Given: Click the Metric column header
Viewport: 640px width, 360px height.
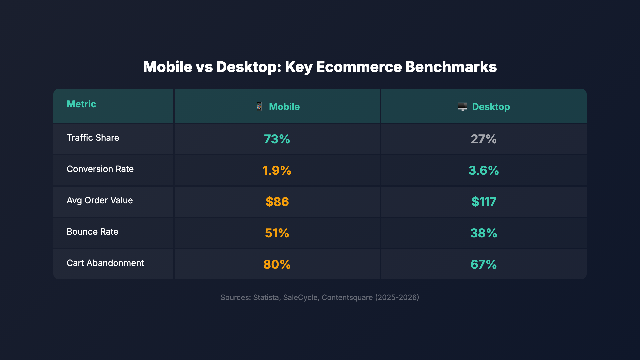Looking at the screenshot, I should [x=81, y=104].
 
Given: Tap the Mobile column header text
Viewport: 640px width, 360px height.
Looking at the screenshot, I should [x=284, y=107].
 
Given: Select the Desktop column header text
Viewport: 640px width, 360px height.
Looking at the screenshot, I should [x=491, y=107].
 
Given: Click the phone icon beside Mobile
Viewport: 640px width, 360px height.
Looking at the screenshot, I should [x=259, y=107].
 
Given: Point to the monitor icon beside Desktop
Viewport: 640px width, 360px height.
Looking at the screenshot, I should [x=462, y=107].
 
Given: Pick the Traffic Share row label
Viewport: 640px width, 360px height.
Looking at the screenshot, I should [x=93, y=138].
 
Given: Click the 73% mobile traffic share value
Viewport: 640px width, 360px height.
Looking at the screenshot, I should [x=277, y=139].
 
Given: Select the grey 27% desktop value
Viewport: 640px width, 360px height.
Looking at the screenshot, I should [x=483, y=139].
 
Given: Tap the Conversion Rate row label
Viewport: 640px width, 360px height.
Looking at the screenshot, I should [x=100, y=169].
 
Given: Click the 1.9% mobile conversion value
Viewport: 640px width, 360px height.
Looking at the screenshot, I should [x=277, y=170].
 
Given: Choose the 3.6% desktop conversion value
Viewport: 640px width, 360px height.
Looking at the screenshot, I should [x=483, y=170].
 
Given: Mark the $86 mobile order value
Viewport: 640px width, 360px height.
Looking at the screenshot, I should [x=277, y=202].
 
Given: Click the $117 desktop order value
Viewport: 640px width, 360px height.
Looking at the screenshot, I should [x=484, y=202].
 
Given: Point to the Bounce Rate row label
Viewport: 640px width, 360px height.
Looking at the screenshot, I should [x=92, y=232].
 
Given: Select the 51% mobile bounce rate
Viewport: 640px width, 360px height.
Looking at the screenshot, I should [x=277, y=233].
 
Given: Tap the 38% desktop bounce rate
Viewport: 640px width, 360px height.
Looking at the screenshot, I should [x=483, y=233].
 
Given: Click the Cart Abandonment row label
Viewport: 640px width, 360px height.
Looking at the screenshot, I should [x=105, y=263].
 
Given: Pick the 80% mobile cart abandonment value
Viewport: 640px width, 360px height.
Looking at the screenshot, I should [x=277, y=264].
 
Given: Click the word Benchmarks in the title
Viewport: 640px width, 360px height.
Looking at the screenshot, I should [x=451, y=67].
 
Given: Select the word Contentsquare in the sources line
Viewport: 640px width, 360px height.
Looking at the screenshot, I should [x=347, y=297].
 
